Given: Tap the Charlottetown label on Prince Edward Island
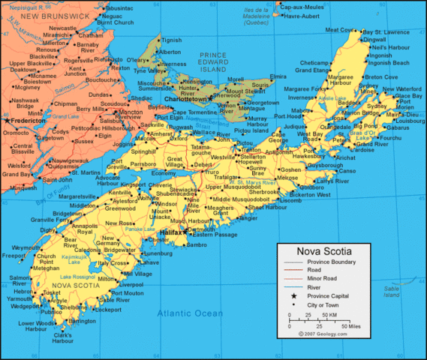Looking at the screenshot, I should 185,98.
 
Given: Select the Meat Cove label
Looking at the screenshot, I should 339,30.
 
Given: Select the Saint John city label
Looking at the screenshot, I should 57,179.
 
